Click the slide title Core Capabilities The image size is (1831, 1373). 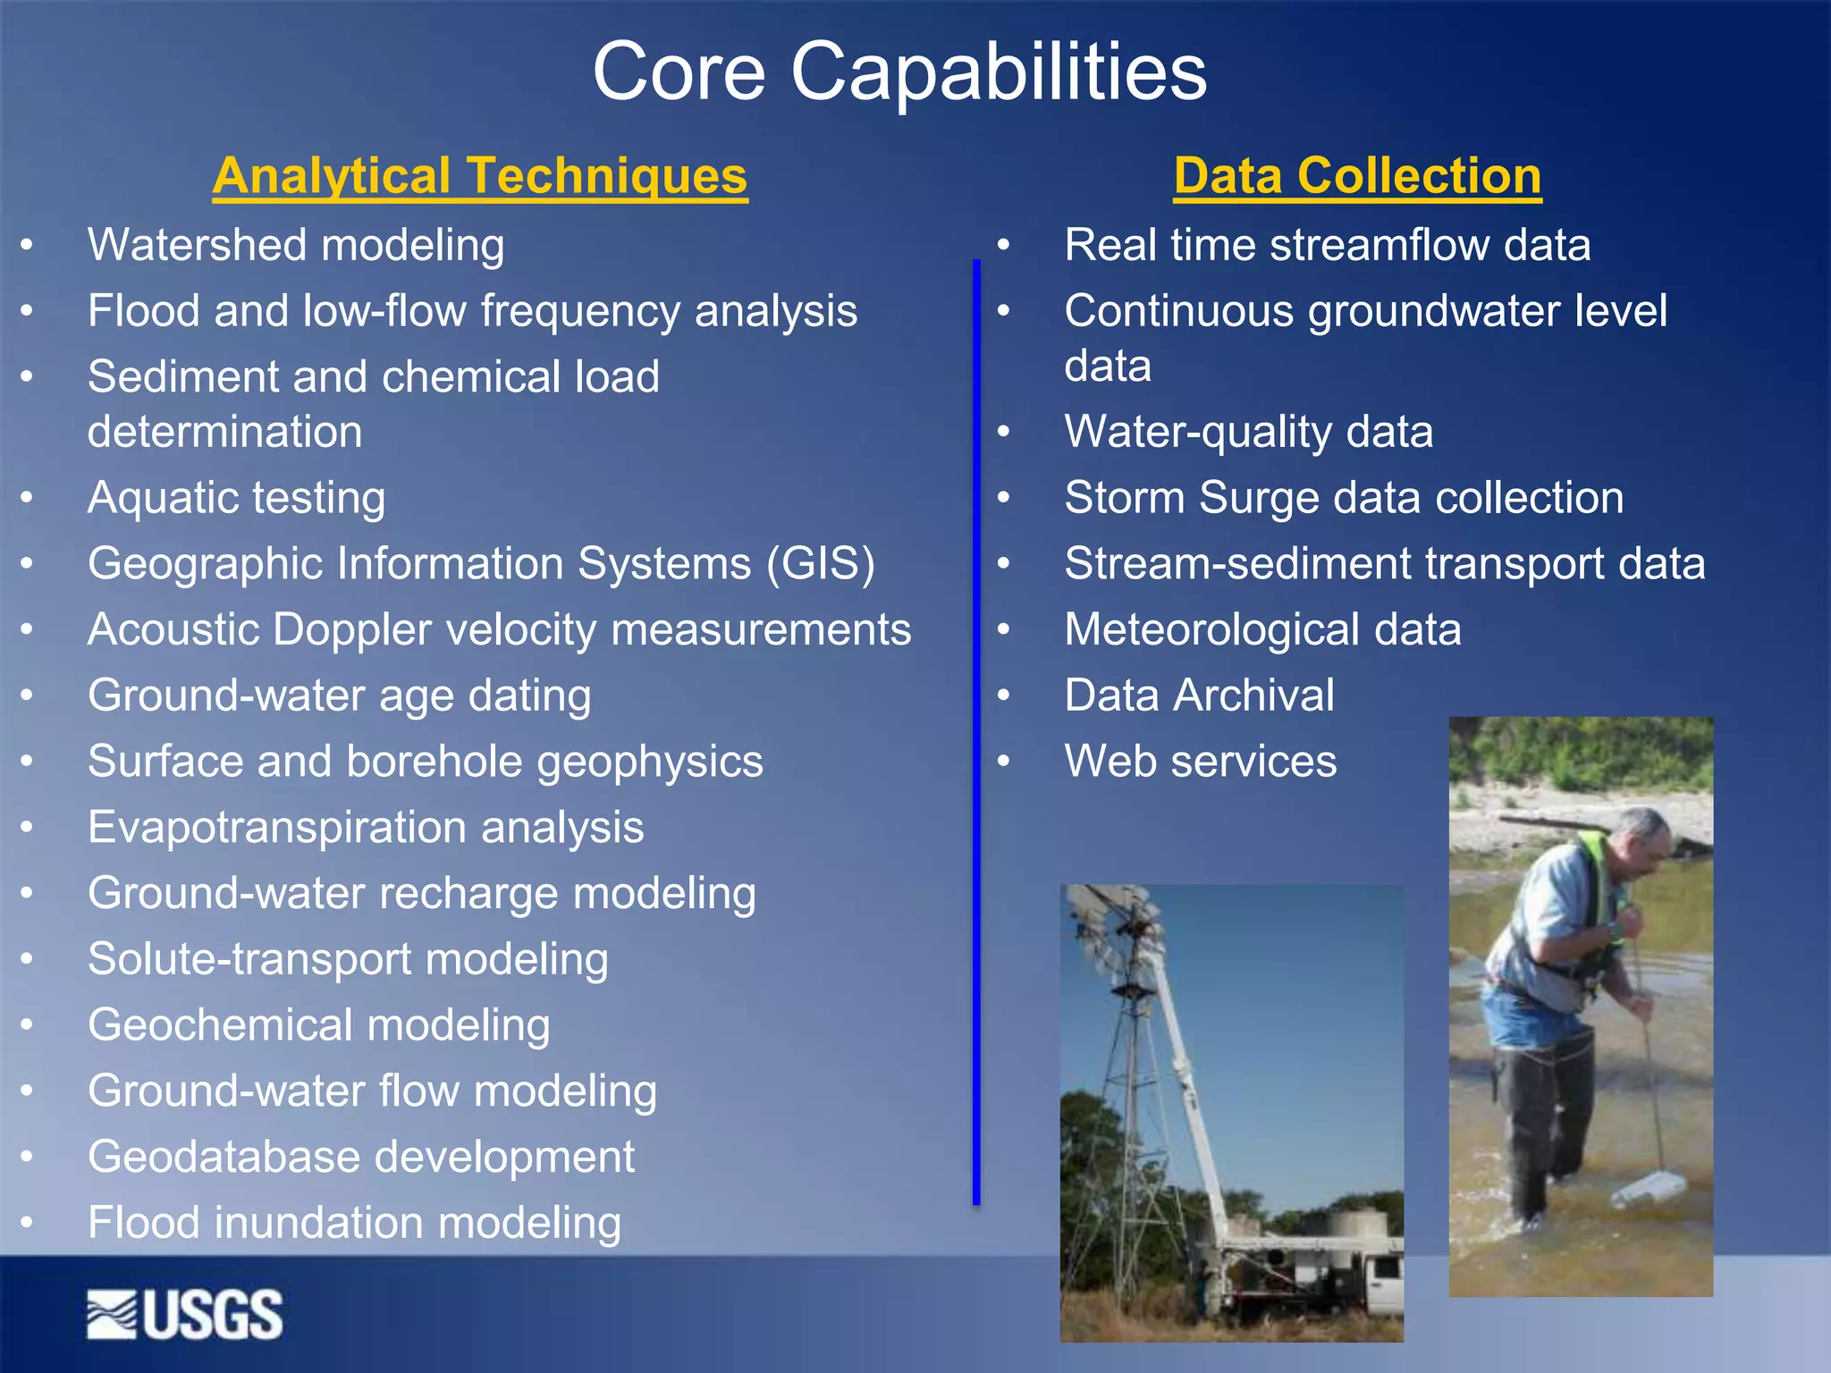(x=899, y=72)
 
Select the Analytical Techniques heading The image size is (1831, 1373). (x=480, y=176)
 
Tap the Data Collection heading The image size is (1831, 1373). (x=1357, y=176)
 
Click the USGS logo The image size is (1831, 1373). (x=185, y=1315)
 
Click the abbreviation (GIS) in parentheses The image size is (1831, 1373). (x=820, y=564)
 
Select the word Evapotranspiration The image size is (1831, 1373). (x=277, y=828)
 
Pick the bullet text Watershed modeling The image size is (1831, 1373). (x=296, y=246)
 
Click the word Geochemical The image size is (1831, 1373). (x=221, y=1025)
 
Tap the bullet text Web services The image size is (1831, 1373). (x=1200, y=762)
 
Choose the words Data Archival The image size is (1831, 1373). (x=1199, y=695)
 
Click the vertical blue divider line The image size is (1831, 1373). (x=976, y=733)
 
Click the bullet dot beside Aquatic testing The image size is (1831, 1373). (x=28, y=497)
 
